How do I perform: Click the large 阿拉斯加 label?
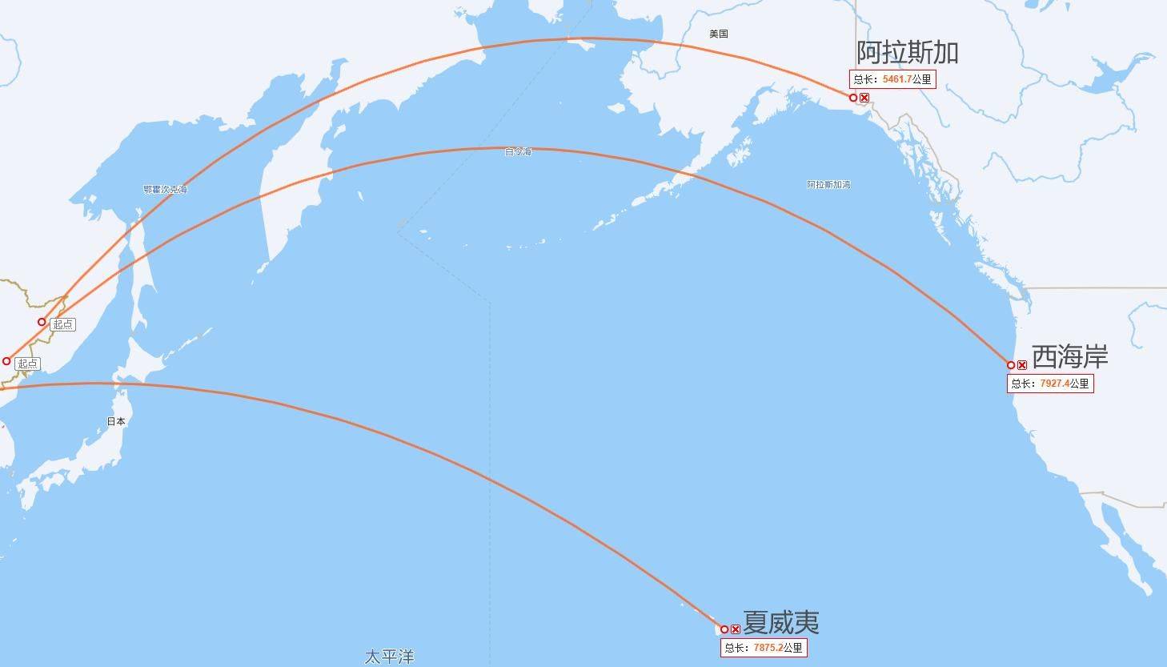coord(908,53)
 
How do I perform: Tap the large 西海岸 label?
coord(1069,356)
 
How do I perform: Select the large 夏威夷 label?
coord(780,622)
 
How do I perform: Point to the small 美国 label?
coord(718,34)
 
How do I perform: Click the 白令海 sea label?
coord(518,151)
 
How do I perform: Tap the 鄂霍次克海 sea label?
coord(165,190)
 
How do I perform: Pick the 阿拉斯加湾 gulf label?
coord(828,185)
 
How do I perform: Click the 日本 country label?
coord(116,421)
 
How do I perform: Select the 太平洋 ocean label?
coord(390,657)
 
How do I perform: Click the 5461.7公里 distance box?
coord(892,79)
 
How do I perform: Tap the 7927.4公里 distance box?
coord(1049,384)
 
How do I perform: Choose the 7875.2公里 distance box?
coord(763,648)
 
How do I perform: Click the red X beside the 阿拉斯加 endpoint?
coord(864,98)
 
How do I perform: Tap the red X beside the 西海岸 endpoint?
coord(1022,365)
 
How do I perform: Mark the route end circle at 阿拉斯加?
coord(853,98)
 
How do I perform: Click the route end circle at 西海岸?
coord(1011,365)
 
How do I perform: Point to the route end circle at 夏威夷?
coord(724,629)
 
